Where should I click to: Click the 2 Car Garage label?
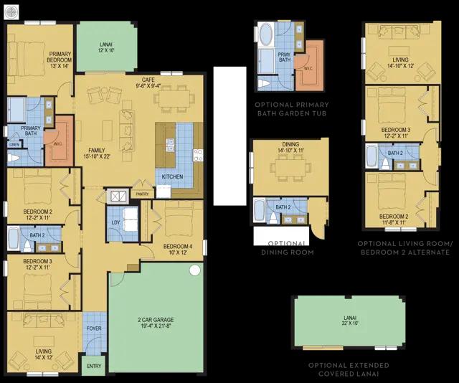(x=156, y=323)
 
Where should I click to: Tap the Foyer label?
(x=94, y=328)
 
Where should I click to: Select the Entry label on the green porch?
(x=94, y=366)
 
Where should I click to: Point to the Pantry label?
(x=142, y=194)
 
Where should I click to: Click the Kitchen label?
(x=172, y=176)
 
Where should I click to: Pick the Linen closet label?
(x=14, y=145)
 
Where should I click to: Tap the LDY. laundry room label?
(x=116, y=222)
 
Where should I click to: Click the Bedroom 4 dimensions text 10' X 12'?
(x=178, y=252)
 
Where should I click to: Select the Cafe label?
(x=148, y=80)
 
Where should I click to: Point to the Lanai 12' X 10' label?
(x=106, y=47)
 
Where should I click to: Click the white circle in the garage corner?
(x=194, y=270)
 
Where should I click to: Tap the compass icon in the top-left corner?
(x=11, y=12)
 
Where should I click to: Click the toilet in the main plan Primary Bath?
(x=14, y=158)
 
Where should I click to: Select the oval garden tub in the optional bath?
(x=266, y=34)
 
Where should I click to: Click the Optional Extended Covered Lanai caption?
(x=349, y=369)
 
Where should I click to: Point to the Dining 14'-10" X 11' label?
(x=291, y=147)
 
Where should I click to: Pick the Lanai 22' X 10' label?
(x=350, y=321)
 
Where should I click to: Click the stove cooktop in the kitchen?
(x=198, y=155)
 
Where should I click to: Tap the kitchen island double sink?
(x=170, y=145)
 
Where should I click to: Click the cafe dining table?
(x=174, y=99)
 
